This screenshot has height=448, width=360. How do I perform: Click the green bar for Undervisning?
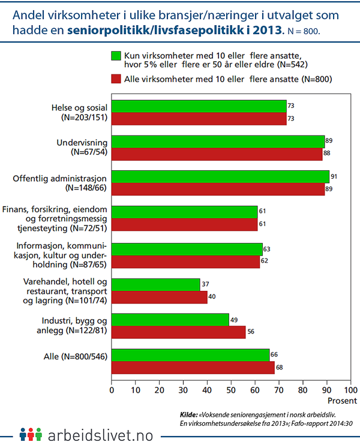218,142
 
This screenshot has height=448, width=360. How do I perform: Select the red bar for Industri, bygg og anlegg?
178,332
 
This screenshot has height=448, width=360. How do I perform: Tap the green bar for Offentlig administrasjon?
220,176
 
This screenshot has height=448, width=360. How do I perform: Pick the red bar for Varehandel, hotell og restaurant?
159,296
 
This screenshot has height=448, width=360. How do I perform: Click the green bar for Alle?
190,355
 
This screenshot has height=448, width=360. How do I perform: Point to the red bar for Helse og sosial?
199,118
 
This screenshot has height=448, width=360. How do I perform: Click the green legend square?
116,56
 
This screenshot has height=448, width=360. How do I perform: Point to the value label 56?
250,332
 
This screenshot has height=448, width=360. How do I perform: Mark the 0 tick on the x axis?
112,389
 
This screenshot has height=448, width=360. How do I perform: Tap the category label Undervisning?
81,143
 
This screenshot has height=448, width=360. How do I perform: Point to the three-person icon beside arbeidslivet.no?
30,434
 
